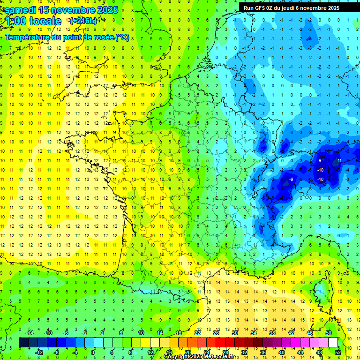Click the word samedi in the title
tap(21, 10)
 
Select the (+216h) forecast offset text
tap(83, 21)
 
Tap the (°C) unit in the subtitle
tap(122, 37)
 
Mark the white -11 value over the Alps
tap(338, 161)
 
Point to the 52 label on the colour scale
tap(338, 352)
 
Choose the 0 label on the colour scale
tap(93, 352)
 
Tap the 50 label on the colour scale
tap(329, 333)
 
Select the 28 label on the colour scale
tap(225, 352)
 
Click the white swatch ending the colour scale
tap(333, 343)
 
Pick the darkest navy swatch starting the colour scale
tap(24, 343)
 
